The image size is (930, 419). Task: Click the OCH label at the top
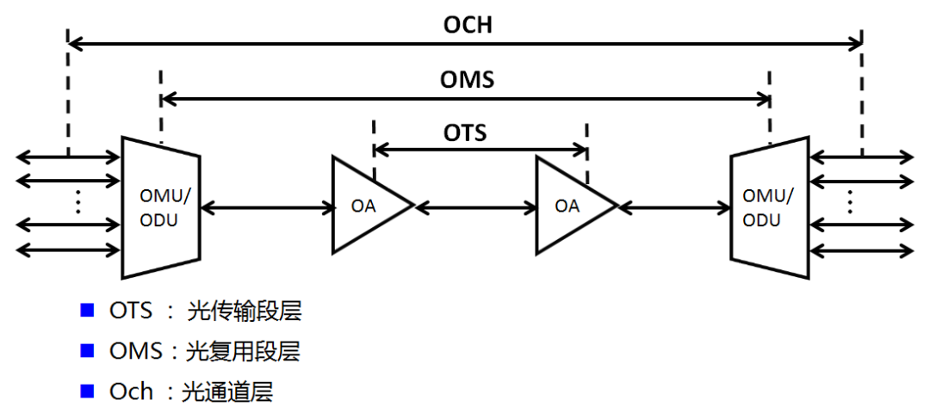tap(468, 24)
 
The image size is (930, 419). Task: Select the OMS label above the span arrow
tap(467, 80)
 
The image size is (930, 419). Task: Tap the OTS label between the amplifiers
tap(465, 132)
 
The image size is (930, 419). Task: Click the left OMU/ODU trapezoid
tap(160, 207)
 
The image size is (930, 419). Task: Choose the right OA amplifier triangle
tap(571, 206)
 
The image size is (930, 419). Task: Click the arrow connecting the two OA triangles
tap(475, 206)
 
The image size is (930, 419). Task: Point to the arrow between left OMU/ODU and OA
tap(267, 206)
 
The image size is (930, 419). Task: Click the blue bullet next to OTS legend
tap(86, 311)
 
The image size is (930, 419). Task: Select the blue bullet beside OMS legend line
tap(86, 351)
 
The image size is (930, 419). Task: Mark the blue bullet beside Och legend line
tap(86, 391)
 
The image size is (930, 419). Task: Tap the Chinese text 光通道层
tap(226, 392)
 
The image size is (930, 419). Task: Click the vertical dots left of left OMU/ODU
tap(77, 201)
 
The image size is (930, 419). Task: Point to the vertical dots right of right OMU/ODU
tap(850, 201)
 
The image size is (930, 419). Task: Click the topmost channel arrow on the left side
tap(68, 157)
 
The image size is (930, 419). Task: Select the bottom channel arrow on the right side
tap(862, 250)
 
